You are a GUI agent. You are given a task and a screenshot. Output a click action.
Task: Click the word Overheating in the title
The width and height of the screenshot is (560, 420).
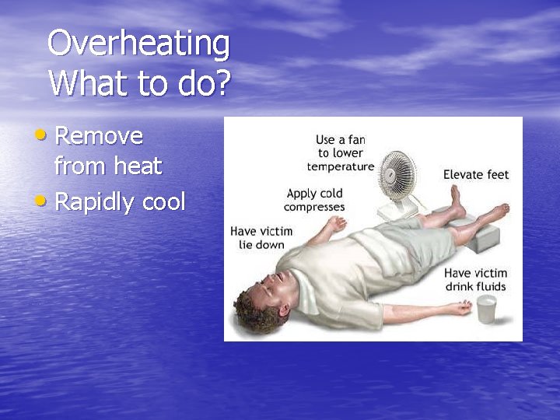[138, 44]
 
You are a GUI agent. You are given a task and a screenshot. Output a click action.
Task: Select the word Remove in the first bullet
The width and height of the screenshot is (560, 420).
[100, 136]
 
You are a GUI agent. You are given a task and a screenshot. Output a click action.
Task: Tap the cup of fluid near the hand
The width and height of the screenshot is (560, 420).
[486, 308]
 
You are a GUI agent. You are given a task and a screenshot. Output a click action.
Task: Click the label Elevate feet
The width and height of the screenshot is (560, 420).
[475, 174]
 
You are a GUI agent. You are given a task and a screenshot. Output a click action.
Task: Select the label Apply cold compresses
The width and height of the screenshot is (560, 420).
[314, 200]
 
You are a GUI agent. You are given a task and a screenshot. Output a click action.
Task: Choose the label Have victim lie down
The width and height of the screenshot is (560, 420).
[261, 238]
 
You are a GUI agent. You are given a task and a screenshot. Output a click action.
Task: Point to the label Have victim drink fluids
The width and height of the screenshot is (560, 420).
[475, 280]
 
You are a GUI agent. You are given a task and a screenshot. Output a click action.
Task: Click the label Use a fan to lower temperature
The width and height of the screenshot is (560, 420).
[340, 152]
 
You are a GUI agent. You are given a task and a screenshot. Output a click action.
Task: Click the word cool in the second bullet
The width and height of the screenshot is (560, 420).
[163, 202]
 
